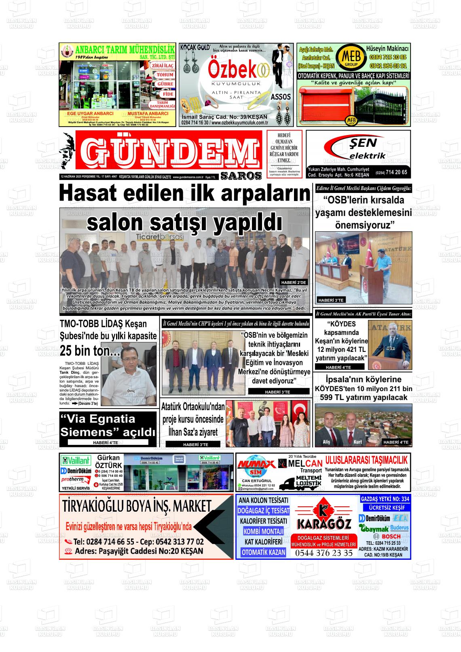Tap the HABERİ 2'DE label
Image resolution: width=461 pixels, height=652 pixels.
pyautogui.click(x=294, y=282)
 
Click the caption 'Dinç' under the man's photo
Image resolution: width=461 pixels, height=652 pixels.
pyautogui.click(x=131, y=391)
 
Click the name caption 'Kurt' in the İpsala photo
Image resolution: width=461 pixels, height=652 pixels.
pyautogui.click(x=357, y=442)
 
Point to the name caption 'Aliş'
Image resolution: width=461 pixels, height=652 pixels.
pyautogui.click(x=326, y=442)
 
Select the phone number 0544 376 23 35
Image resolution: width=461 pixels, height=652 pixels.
pyautogui.click(x=324, y=553)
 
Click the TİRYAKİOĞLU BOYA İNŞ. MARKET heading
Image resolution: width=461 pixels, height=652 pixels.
pyautogui.click(x=137, y=506)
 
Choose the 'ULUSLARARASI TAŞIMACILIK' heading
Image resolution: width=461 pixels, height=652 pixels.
pyautogui.click(x=366, y=459)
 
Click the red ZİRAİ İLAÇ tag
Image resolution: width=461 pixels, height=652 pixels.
pyautogui.click(x=162, y=66)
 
